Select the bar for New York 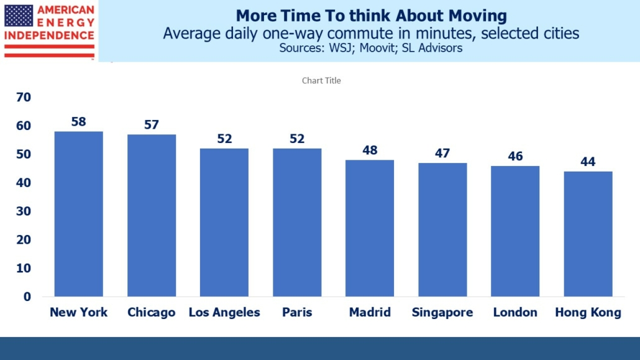(78, 214)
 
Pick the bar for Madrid (370, 228)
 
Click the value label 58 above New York (78, 122)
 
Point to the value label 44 (588, 162)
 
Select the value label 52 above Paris (297, 139)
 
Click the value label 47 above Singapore (442, 153)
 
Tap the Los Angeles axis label (224, 313)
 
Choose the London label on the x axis (515, 313)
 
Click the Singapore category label (442, 313)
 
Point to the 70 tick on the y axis (24, 97)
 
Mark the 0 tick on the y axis (27, 297)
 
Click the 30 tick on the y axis (24, 211)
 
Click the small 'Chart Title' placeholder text (321, 81)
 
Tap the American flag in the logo (19, 15)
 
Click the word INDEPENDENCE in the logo (49, 35)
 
